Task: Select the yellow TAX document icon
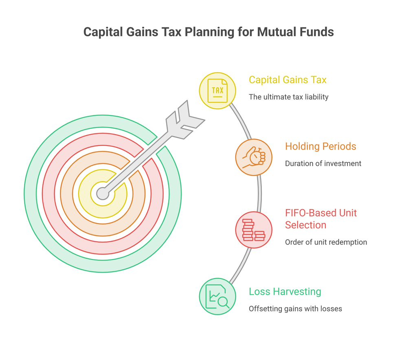217,91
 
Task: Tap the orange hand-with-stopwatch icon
254,157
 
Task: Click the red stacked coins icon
254,230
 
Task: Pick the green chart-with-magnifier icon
217,297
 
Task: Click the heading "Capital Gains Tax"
288,80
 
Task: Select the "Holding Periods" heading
320,146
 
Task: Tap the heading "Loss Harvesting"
285,292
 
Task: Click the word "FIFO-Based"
307,213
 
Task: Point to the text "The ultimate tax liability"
289,97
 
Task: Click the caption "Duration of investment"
323,163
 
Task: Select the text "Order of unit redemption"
326,242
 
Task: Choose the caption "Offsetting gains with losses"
296,309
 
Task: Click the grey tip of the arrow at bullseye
103,194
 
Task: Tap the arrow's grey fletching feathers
185,120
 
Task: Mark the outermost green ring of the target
30,194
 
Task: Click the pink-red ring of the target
48,194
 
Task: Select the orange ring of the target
66,194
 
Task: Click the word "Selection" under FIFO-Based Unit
305,225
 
